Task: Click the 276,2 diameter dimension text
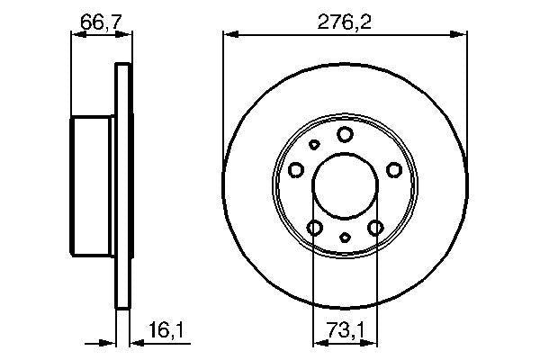click(346, 20)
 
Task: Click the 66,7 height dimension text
click(99, 20)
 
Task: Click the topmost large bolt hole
click(346, 134)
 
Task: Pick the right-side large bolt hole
click(393, 168)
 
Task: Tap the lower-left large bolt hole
click(314, 228)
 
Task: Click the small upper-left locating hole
click(314, 145)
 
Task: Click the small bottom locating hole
click(346, 238)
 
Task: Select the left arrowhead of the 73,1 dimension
click(318, 342)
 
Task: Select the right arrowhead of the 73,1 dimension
click(372, 342)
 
